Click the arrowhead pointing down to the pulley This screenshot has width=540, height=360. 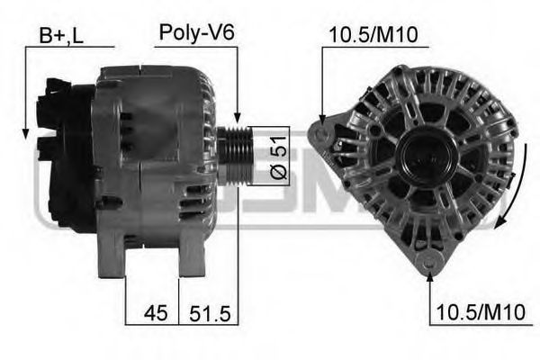(238, 118)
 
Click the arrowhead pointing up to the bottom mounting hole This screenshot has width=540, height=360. (430, 273)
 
